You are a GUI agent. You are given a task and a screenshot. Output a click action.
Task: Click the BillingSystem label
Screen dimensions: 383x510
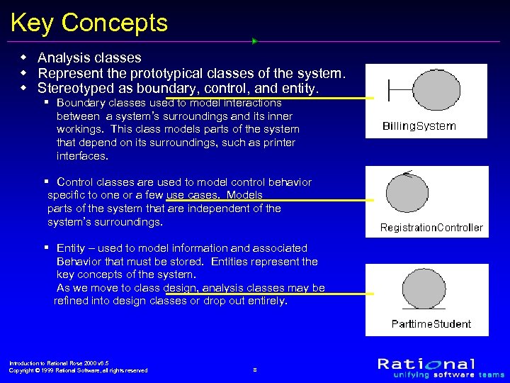(419, 126)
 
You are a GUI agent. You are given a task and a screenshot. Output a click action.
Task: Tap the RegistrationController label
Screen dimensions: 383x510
(431, 228)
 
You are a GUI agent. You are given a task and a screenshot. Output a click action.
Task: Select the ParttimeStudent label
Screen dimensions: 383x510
(431, 324)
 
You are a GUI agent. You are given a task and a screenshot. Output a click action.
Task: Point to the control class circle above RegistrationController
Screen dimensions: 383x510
(407, 193)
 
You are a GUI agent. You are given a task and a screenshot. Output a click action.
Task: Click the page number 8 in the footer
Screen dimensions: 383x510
(254, 370)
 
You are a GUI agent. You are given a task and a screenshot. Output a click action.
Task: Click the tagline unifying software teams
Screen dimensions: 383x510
(442, 374)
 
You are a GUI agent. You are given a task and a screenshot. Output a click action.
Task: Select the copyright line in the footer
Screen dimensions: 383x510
(78, 370)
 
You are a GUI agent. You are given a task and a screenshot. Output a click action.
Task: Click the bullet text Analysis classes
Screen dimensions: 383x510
(89, 57)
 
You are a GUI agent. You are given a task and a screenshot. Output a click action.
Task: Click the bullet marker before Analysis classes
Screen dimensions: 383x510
(23, 57)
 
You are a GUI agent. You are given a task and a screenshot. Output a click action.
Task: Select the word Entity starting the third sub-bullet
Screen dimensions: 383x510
(71, 248)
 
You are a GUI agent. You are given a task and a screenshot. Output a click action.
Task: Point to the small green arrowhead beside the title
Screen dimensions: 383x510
(254, 40)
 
